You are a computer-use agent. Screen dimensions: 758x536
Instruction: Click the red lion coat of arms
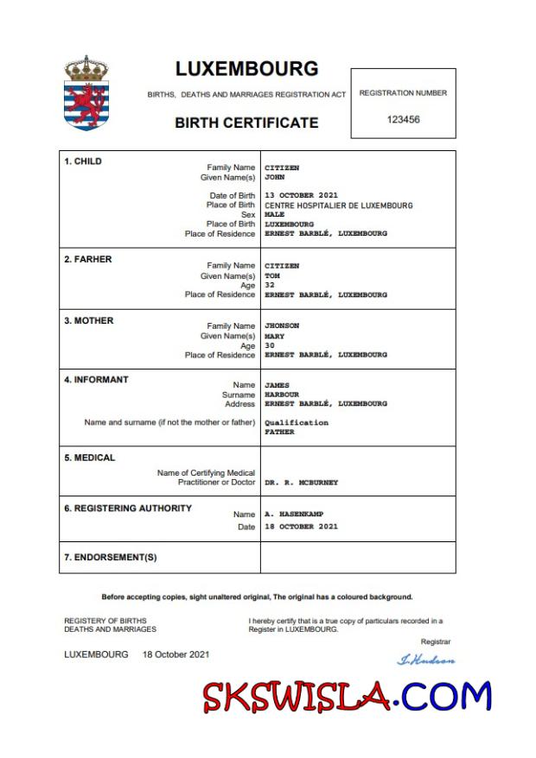point(86,102)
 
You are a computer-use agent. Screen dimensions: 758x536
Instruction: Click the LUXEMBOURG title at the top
point(246,69)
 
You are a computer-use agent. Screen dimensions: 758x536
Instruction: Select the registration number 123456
point(403,120)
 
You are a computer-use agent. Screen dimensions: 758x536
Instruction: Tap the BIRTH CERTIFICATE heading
point(246,123)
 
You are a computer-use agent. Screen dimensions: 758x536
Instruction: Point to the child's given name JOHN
point(274,177)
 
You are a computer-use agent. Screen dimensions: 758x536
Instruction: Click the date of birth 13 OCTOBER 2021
point(301,196)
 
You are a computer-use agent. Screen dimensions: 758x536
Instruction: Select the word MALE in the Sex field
point(274,215)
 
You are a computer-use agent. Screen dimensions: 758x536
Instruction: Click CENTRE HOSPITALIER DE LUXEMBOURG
point(338,205)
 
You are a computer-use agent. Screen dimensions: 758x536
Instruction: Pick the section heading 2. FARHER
point(88,259)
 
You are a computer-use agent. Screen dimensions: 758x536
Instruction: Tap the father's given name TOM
point(271,276)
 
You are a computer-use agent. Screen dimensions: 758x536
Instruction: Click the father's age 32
point(269,286)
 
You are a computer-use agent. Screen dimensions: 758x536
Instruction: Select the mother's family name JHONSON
point(282,326)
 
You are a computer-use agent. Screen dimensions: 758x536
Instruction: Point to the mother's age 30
point(269,346)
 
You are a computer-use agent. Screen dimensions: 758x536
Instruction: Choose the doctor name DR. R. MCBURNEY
point(301,483)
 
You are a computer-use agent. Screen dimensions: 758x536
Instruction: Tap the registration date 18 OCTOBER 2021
point(301,527)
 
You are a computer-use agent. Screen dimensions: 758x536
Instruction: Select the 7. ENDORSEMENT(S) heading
point(111,558)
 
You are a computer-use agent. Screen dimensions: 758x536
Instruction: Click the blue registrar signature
point(425,660)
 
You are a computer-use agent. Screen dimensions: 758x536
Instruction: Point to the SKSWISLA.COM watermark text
point(347,696)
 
